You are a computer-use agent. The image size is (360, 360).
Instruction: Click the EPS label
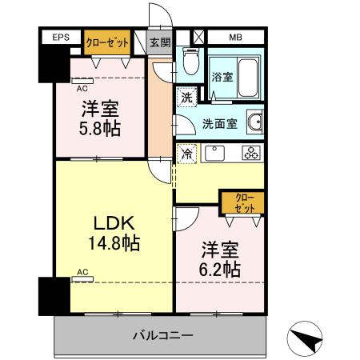[61, 38]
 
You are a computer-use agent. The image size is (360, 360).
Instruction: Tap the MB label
[235, 38]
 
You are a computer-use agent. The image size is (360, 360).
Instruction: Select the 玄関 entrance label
[160, 42]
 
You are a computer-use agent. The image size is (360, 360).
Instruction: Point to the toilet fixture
[190, 61]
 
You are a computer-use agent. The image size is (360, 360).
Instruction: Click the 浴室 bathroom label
[222, 78]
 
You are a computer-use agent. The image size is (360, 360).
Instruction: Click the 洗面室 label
[218, 124]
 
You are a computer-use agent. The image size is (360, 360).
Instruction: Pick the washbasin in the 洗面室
[255, 123]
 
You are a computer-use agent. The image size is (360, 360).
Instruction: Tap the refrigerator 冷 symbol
[186, 152]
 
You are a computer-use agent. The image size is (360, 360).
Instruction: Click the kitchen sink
[214, 152]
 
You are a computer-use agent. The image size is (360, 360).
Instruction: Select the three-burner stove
[250, 152]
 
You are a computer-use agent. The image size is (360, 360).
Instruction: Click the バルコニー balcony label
[162, 334]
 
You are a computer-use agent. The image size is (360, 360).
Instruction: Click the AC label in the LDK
[82, 272]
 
